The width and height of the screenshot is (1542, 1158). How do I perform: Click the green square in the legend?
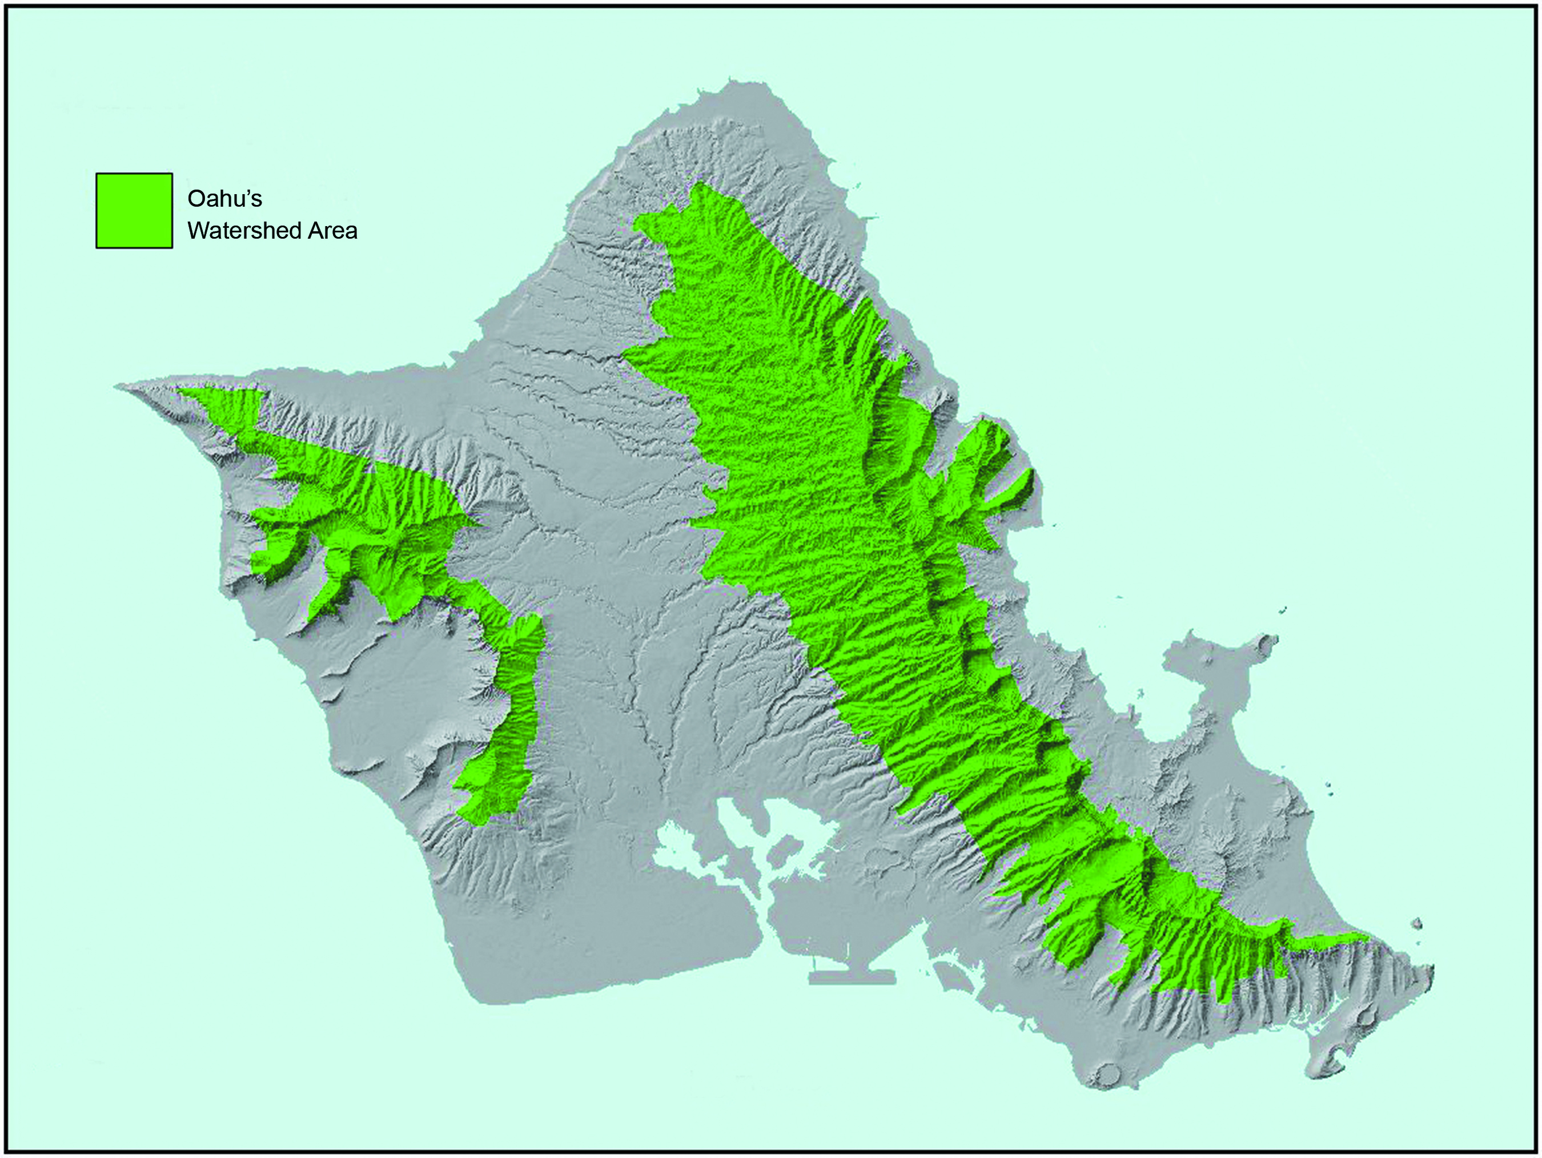coord(134,211)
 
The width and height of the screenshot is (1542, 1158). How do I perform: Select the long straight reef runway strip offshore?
coord(852,978)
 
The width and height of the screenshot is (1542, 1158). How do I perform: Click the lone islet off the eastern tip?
coord(1416,924)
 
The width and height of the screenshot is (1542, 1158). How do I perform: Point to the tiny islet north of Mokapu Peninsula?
coord(1282,610)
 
